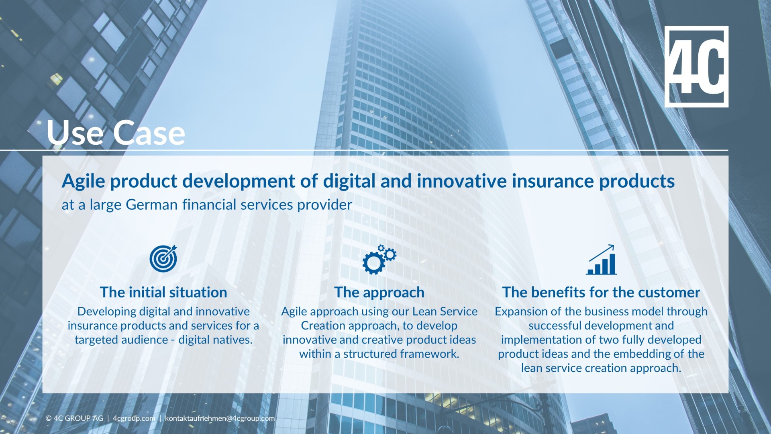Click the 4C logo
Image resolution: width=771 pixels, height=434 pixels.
696,66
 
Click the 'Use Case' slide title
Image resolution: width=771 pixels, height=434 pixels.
116,133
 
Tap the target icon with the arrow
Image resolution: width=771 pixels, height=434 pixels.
163,258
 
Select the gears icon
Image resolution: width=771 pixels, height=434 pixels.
379,260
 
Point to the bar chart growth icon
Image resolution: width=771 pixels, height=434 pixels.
601,260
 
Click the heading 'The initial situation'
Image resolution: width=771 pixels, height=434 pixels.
163,292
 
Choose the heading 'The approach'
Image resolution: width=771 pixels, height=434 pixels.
379,292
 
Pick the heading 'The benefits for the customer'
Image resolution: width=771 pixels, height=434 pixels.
601,292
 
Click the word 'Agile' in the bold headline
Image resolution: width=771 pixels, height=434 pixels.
83,181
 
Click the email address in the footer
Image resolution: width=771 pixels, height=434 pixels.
220,418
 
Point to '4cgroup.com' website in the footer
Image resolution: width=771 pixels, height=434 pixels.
134,418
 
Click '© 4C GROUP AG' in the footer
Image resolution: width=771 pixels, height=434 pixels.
74,418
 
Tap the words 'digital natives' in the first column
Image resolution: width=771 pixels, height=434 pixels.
215,340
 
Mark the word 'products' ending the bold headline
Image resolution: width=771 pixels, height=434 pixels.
637,181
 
